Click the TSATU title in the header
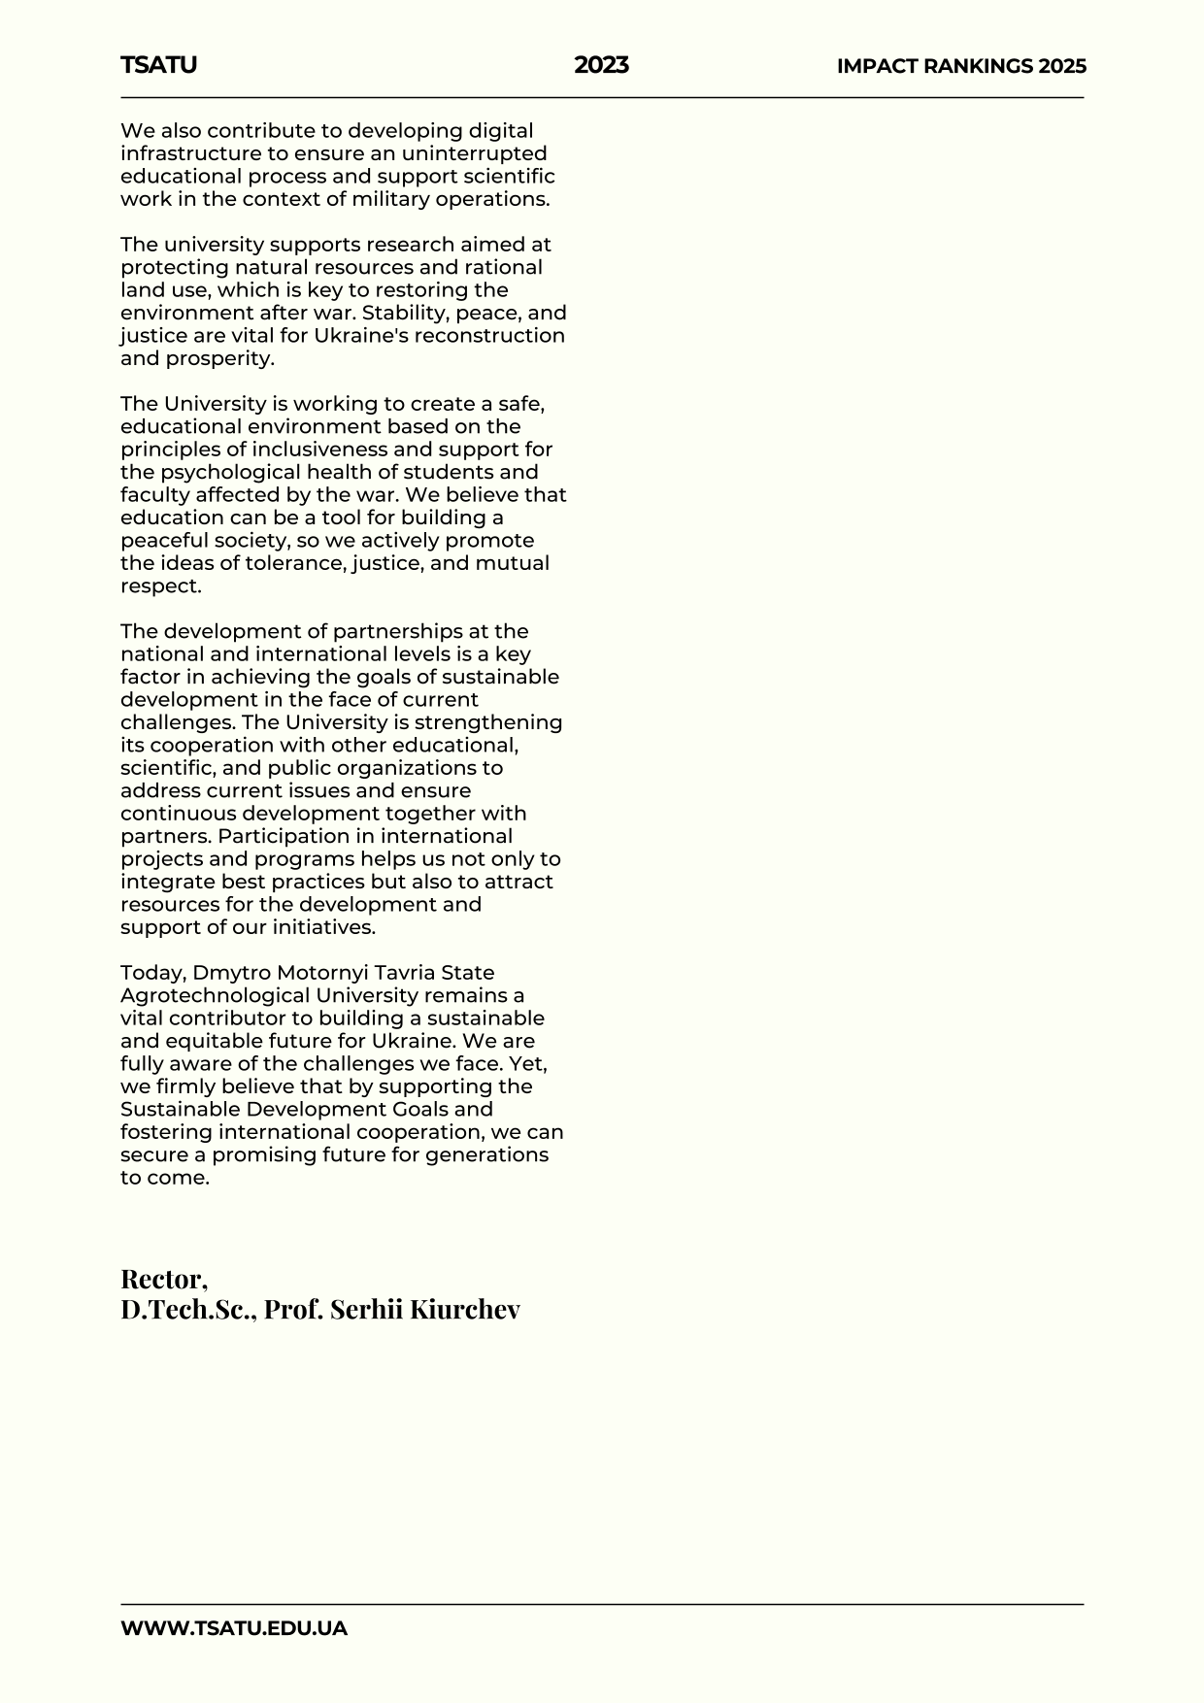point(158,65)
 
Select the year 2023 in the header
point(601,65)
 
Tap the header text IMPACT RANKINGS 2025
point(961,66)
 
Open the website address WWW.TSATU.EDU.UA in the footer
point(234,1628)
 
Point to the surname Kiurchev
point(465,1309)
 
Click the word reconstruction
point(489,335)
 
